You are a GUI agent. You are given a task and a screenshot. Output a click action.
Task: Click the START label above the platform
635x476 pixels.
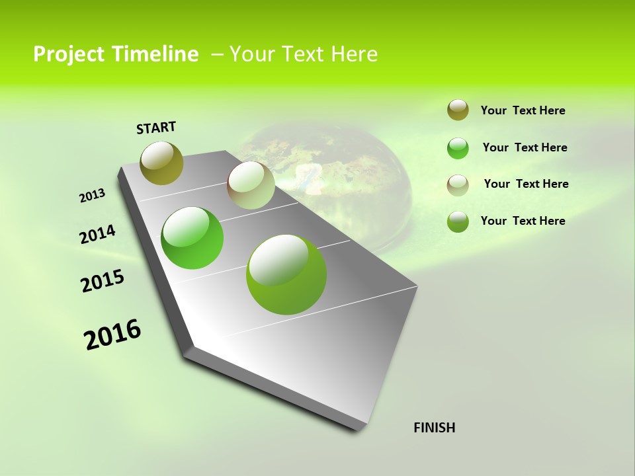click(156, 128)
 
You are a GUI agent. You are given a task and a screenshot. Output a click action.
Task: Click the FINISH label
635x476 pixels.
click(434, 428)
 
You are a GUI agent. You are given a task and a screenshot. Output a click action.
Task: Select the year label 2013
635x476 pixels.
click(92, 196)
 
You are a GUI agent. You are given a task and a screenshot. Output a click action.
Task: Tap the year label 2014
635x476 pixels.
click(97, 235)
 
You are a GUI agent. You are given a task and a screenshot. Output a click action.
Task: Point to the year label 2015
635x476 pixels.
click(103, 281)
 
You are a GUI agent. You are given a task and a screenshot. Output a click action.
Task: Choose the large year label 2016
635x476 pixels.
click(112, 335)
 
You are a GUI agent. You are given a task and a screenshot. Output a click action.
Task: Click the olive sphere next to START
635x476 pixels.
click(162, 163)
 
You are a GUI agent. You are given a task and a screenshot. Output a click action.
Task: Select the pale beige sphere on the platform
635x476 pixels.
click(251, 185)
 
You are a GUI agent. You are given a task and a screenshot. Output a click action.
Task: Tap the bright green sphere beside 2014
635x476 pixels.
click(192, 238)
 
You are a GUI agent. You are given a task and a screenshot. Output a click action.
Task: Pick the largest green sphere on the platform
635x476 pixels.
click(286, 274)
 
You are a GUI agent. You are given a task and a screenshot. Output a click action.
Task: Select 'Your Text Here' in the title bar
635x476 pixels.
click(303, 54)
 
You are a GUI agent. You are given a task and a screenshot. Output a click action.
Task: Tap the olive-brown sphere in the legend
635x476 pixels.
click(458, 110)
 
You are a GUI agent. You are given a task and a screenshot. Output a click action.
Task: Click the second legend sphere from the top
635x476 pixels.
click(458, 148)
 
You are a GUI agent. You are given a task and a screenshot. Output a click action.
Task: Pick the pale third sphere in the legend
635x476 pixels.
click(458, 185)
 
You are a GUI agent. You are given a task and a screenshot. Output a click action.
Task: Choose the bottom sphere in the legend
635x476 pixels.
click(458, 221)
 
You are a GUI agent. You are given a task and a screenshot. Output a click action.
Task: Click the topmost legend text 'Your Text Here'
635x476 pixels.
click(523, 110)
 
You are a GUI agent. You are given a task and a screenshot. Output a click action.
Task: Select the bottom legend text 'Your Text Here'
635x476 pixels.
click(523, 221)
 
